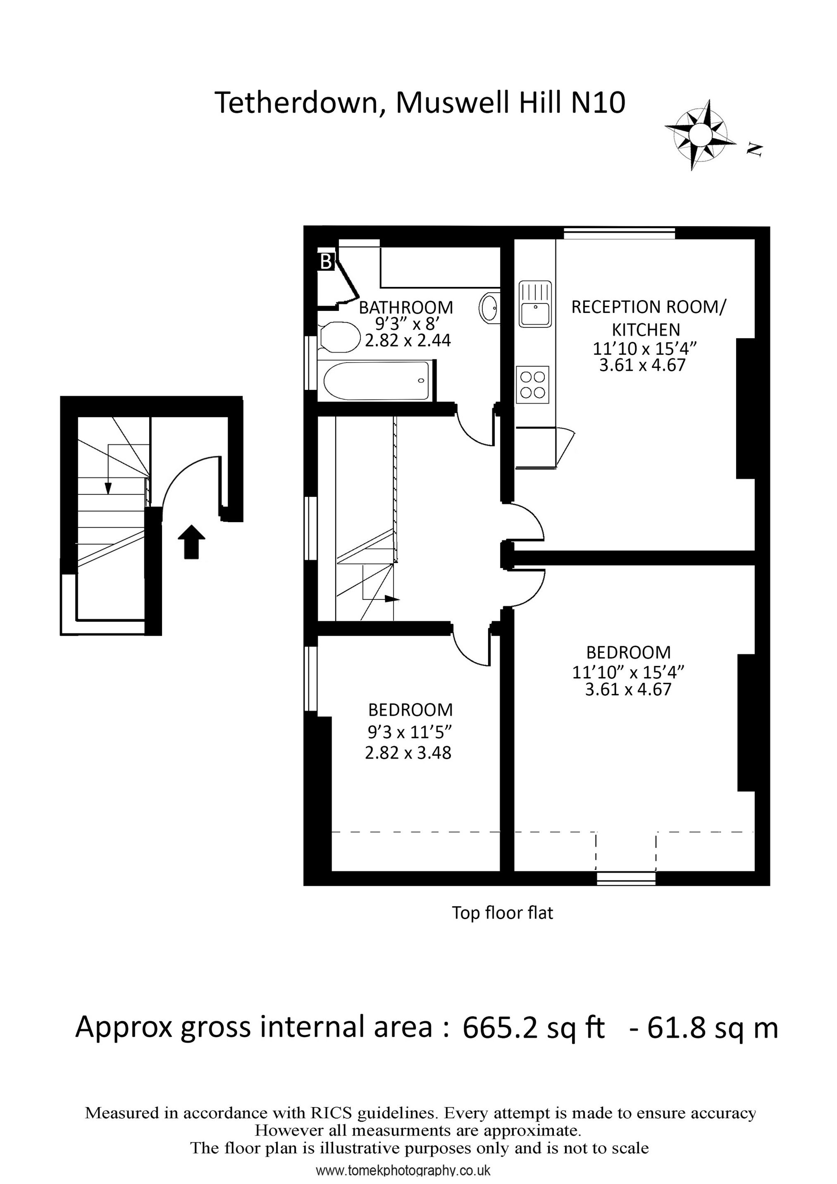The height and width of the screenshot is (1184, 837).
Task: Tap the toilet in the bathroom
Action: pos(339,337)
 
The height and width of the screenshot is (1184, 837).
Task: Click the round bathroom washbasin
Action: pos(489,308)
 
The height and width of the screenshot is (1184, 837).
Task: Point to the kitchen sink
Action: pos(535,304)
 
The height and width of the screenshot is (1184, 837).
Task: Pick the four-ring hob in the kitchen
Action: pos(533,385)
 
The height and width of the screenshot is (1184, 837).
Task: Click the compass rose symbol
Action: pos(700,135)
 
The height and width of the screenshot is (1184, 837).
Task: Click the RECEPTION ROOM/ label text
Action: pos(648,307)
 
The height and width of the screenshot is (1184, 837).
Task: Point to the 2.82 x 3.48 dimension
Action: pos(408,753)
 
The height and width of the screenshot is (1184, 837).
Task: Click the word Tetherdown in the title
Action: pos(296,103)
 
